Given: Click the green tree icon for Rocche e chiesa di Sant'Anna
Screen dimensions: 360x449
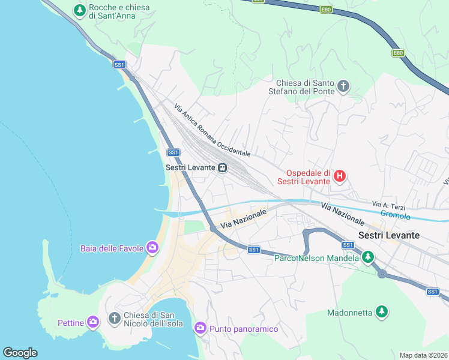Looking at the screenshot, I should pos(79,10).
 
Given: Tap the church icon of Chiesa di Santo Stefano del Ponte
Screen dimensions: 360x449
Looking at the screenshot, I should pos(343,86).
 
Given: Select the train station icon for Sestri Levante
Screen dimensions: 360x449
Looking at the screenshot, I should pos(222,168).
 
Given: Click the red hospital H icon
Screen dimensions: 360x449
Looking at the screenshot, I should pos(340,176).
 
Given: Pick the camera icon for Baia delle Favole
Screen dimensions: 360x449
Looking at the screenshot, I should pos(152,247).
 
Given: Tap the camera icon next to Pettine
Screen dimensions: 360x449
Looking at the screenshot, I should pos(92,322).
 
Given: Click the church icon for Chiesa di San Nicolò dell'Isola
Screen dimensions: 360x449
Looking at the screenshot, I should pos(114,317).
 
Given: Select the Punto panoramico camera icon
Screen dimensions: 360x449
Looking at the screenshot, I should pos(200,328).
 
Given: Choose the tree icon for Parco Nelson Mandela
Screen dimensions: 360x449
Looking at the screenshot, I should pos(367,258).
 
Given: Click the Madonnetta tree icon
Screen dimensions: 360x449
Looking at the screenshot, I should pos(381,311).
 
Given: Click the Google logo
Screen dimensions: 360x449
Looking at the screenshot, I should pos(20,353).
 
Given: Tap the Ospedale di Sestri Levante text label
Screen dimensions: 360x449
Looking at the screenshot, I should pos(304,176).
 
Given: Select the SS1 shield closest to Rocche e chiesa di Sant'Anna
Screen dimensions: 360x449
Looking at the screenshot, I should pos(119,64).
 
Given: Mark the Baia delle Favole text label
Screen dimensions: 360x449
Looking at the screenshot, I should pos(113,248).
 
